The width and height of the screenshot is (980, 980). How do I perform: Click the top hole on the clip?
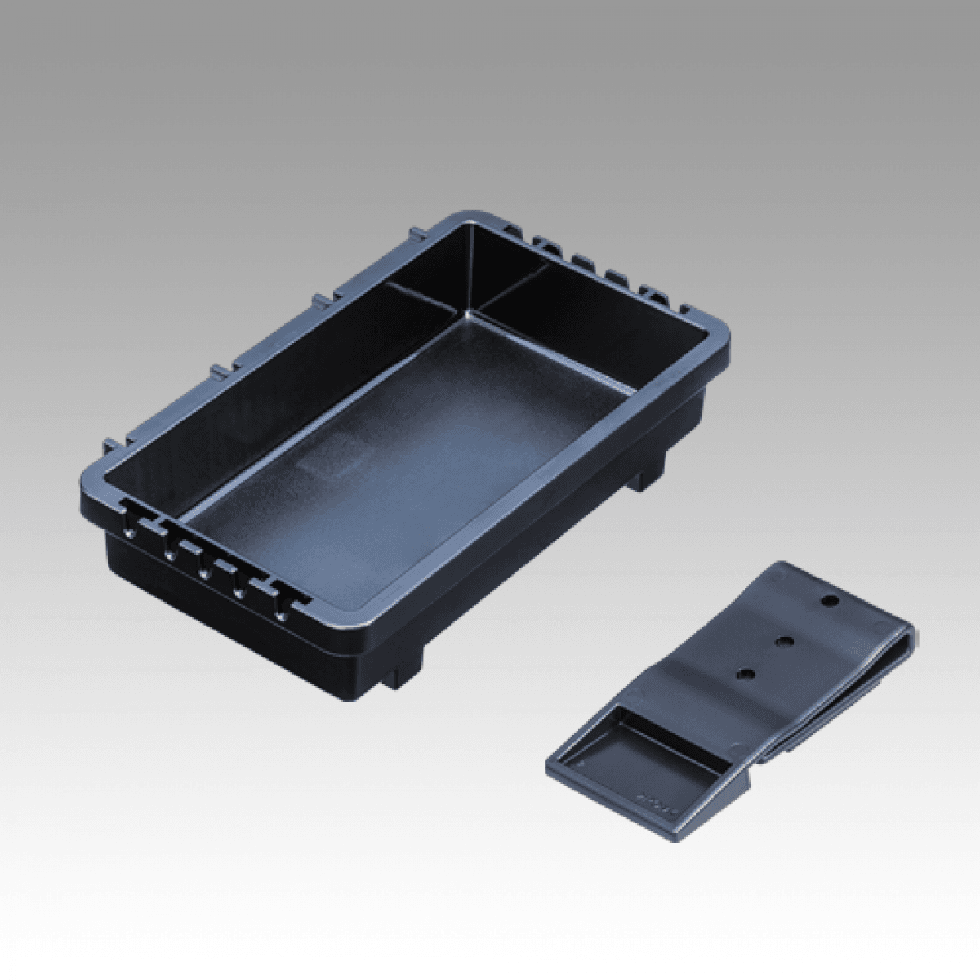(830, 600)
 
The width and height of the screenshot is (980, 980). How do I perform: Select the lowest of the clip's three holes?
(745, 675)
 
